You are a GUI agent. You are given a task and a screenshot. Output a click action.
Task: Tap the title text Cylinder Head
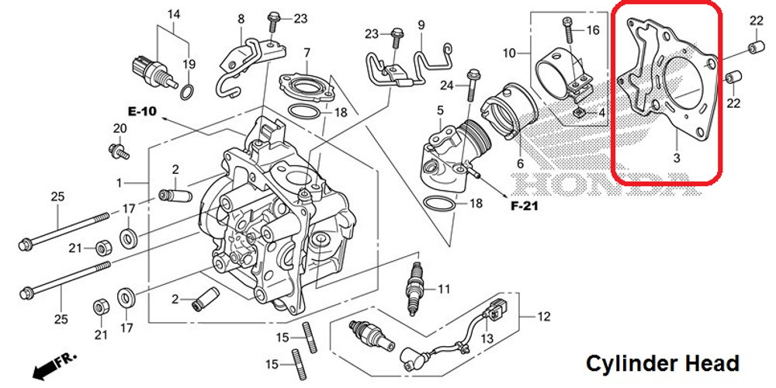pyautogui.click(x=662, y=363)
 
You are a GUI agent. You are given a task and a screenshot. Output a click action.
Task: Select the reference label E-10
pyautogui.click(x=142, y=112)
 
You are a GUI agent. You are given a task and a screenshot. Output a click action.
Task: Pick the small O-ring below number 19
pyautogui.click(x=187, y=94)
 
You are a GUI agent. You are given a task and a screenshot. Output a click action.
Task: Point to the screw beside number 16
pyautogui.click(x=568, y=32)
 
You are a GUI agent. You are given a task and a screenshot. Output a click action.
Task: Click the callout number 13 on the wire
pyautogui.click(x=487, y=338)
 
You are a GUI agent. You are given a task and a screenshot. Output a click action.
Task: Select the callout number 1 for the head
pyautogui.click(x=119, y=182)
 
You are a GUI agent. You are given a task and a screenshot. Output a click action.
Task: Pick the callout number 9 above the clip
pyautogui.click(x=421, y=25)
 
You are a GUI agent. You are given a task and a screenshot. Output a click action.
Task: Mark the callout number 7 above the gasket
pyautogui.click(x=307, y=52)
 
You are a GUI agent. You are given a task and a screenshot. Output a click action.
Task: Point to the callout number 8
pyautogui.click(x=240, y=19)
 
